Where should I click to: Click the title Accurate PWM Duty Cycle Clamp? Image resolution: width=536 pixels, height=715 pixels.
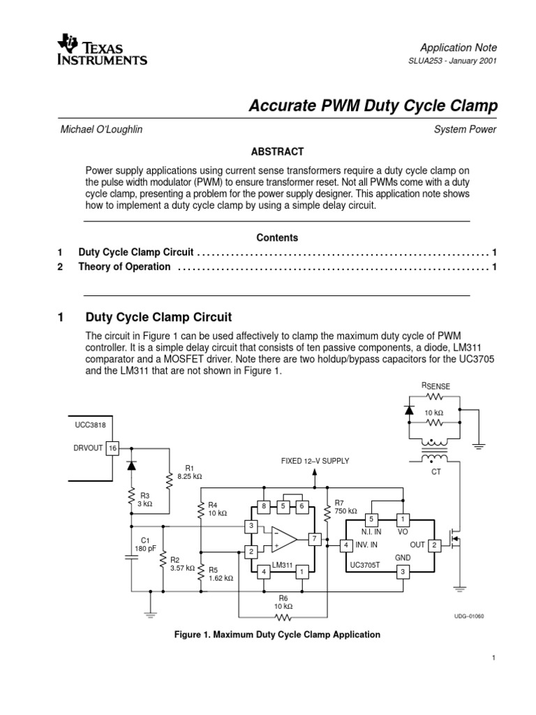(373, 106)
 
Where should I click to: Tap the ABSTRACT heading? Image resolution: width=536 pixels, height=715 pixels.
(277, 152)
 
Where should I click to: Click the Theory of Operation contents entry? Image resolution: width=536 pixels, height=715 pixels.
(124, 267)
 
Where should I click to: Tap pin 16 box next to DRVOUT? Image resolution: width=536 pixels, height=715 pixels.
(113, 448)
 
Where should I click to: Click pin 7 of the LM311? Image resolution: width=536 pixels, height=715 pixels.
(315, 538)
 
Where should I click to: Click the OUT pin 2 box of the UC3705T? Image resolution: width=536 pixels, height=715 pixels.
(433, 545)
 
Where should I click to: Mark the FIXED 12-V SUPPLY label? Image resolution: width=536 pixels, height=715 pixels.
(314, 462)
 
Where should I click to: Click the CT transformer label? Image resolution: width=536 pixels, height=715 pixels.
(438, 472)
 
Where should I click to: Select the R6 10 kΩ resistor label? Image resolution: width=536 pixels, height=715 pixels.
(283, 603)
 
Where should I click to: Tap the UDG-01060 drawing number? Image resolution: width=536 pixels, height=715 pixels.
(468, 616)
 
